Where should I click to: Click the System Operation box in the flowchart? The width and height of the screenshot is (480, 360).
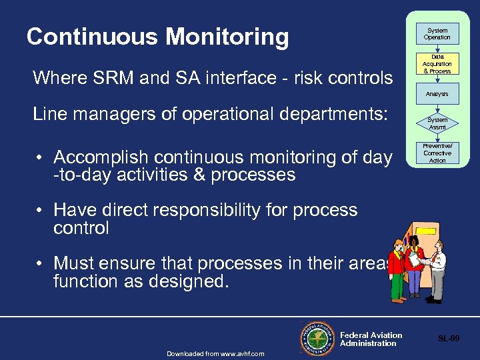click(x=437, y=33)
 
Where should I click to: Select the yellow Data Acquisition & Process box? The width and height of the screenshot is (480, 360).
click(x=437, y=64)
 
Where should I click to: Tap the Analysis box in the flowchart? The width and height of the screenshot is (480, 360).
click(x=437, y=95)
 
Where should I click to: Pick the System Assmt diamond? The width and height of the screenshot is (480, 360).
click(x=437, y=123)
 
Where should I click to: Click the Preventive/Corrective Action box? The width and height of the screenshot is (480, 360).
click(x=437, y=153)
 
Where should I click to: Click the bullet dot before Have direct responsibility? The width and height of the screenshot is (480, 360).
click(x=41, y=211)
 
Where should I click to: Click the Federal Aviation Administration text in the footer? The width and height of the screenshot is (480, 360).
click(x=371, y=339)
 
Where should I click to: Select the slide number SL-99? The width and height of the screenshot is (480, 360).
click(x=448, y=339)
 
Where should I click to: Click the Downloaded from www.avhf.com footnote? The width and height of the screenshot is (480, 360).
click(x=215, y=353)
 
